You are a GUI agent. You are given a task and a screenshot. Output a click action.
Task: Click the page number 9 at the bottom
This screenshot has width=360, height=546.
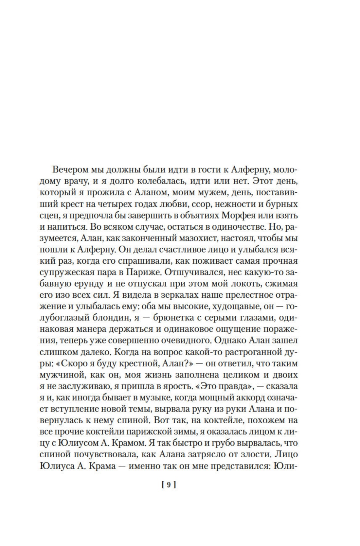coord(169,485)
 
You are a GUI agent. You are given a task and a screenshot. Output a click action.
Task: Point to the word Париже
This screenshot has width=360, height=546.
coord(141,272)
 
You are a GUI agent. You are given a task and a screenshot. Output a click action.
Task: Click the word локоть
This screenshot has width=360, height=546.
coord(243,283)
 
